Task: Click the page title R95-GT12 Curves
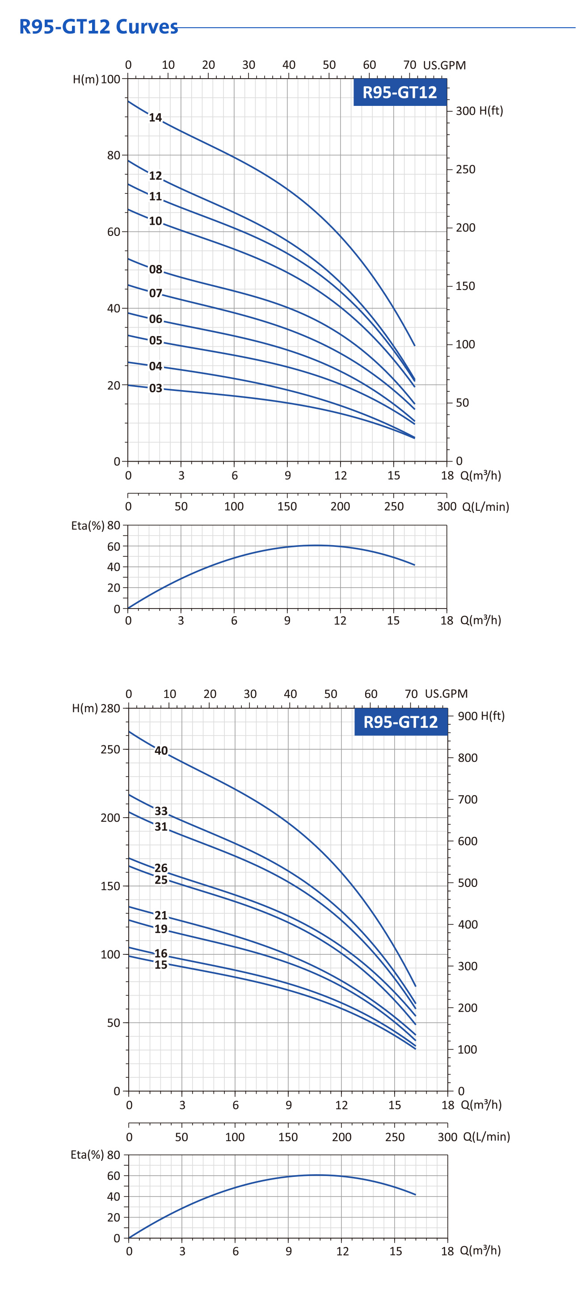point(98,27)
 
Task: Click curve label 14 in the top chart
point(155,118)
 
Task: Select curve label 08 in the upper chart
point(156,269)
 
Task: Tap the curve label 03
point(156,388)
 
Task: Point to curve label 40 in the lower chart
point(161,751)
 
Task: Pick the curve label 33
point(161,811)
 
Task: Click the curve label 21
point(161,915)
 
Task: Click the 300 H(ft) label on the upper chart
point(479,111)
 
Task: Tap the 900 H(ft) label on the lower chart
point(481,715)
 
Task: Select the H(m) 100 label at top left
point(97,79)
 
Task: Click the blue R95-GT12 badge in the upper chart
point(400,92)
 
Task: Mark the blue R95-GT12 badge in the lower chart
point(400,722)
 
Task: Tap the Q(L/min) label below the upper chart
point(485,507)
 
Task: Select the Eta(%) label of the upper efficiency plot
point(88,525)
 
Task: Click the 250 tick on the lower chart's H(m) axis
point(110,749)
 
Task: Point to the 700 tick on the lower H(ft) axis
point(467,799)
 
